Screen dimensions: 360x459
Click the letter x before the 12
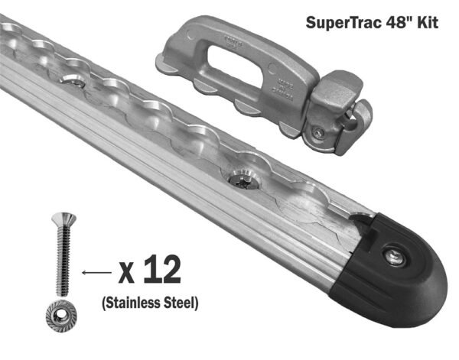128,272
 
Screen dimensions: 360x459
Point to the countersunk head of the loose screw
57,219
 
